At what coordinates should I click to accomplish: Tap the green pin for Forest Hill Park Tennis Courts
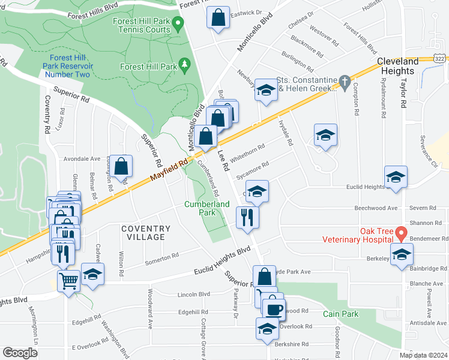click(x=178, y=25)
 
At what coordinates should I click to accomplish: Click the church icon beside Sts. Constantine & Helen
click(x=345, y=81)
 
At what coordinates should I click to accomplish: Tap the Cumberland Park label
click(x=206, y=208)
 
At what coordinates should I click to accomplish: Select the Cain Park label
click(x=340, y=314)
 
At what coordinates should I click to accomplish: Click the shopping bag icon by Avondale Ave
click(x=121, y=166)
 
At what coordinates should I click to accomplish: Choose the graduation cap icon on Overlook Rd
click(x=267, y=328)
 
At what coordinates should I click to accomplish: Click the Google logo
click(x=20, y=353)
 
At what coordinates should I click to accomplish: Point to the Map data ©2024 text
click(x=423, y=355)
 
